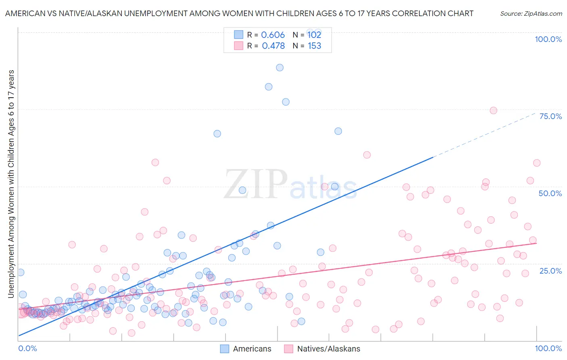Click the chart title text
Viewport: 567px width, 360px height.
[239, 14]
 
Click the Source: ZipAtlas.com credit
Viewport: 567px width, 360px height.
[531, 14]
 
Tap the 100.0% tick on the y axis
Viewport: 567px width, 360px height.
[548, 39]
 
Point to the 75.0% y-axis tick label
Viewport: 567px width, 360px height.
[550, 116]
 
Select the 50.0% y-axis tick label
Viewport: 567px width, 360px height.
[550, 193]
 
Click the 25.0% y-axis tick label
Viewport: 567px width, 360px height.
[550, 271]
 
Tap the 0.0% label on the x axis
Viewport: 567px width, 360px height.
[27, 348]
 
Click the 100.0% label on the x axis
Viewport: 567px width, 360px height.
[548, 348]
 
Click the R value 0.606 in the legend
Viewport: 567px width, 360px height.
[273, 35]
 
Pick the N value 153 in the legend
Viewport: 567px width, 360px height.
[315, 46]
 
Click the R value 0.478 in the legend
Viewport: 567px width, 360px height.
[273, 46]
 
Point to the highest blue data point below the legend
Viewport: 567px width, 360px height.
[279, 67]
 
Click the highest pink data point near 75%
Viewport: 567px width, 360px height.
[493, 111]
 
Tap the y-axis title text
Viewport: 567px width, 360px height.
[11, 184]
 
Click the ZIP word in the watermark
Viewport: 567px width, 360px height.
[255, 184]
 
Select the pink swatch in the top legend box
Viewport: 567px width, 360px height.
[239, 46]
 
